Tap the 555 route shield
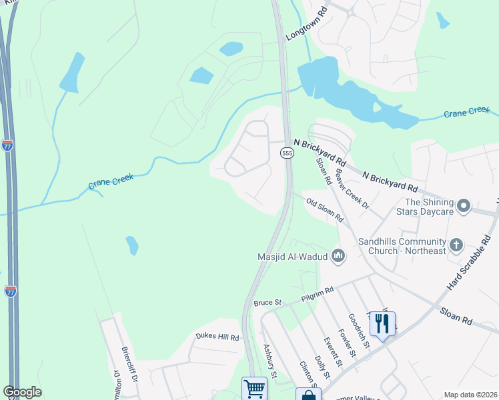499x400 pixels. pos(287,153)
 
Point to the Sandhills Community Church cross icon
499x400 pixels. pos(456,245)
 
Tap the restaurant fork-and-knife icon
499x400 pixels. pos(382,325)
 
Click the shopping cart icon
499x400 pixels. pos(254,388)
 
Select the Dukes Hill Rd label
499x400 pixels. pos(217,337)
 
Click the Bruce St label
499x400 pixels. pos(264,303)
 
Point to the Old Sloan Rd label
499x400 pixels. pos(325,209)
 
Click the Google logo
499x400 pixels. pos(22,392)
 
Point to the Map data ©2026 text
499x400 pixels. pos(470,395)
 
